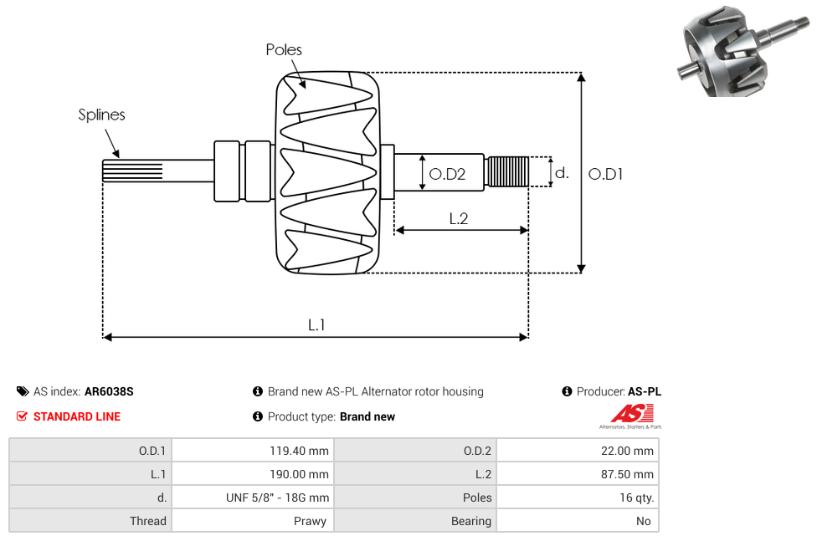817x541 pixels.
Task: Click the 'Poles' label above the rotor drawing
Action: (284, 50)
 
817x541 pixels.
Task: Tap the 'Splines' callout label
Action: (101, 115)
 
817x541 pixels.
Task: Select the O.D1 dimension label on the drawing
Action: (605, 174)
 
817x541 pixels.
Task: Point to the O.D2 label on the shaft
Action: (446, 174)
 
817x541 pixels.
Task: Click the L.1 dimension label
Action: (316, 324)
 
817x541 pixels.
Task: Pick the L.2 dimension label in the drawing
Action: (458, 218)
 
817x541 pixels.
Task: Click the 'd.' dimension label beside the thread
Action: (562, 173)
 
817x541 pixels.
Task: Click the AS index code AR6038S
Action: (109, 391)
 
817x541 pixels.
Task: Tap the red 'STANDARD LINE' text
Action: (77, 416)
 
